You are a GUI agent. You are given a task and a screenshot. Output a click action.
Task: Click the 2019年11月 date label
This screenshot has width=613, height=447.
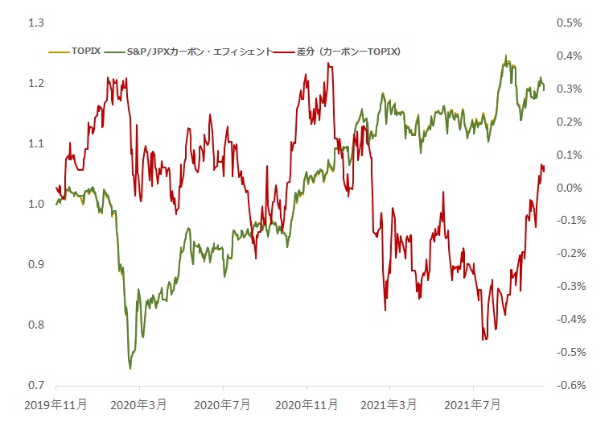(x=56, y=404)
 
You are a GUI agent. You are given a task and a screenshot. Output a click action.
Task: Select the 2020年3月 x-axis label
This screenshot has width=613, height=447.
(x=139, y=404)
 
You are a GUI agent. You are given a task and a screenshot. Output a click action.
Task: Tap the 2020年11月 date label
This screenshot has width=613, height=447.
(x=306, y=404)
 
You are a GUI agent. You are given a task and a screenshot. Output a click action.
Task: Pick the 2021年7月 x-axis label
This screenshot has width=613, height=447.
(x=472, y=404)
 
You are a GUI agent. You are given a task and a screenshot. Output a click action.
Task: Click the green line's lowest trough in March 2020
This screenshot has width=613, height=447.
(x=130, y=368)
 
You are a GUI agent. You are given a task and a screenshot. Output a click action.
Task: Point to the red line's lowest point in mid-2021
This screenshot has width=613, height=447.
(x=483, y=340)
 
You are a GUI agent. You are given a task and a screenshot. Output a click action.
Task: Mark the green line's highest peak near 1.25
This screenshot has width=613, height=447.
(x=506, y=56)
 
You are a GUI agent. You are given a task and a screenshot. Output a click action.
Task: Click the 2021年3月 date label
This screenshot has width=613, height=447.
(x=389, y=404)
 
